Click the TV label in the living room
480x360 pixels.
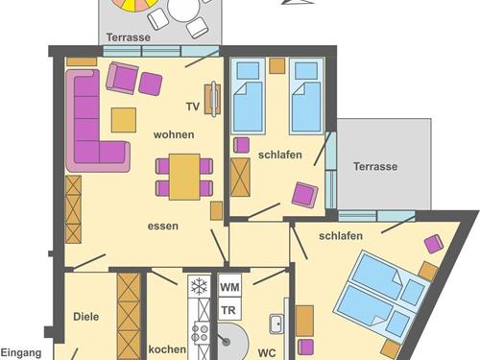point(193,107)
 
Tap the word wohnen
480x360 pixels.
point(174,134)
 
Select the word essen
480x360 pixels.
point(163,226)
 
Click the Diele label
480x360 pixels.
point(86,317)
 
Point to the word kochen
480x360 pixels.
point(167,349)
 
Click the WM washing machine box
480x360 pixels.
point(229,286)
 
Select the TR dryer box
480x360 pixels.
point(229,309)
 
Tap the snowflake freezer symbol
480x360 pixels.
point(199,286)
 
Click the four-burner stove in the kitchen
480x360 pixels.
point(200,333)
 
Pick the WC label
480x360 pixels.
point(267,353)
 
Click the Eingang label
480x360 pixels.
point(21,353)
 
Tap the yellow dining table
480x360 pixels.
point(184,177)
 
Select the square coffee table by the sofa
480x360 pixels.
point(124,120)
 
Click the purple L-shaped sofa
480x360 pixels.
point(85,151)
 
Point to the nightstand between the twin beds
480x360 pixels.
point(277,65)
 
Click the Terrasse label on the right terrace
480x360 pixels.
point(375,166)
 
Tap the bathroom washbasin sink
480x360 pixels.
point(276,324)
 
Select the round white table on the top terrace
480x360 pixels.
point(183,9)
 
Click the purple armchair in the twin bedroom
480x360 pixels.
point(305,195)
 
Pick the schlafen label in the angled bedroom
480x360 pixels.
point(341,236)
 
